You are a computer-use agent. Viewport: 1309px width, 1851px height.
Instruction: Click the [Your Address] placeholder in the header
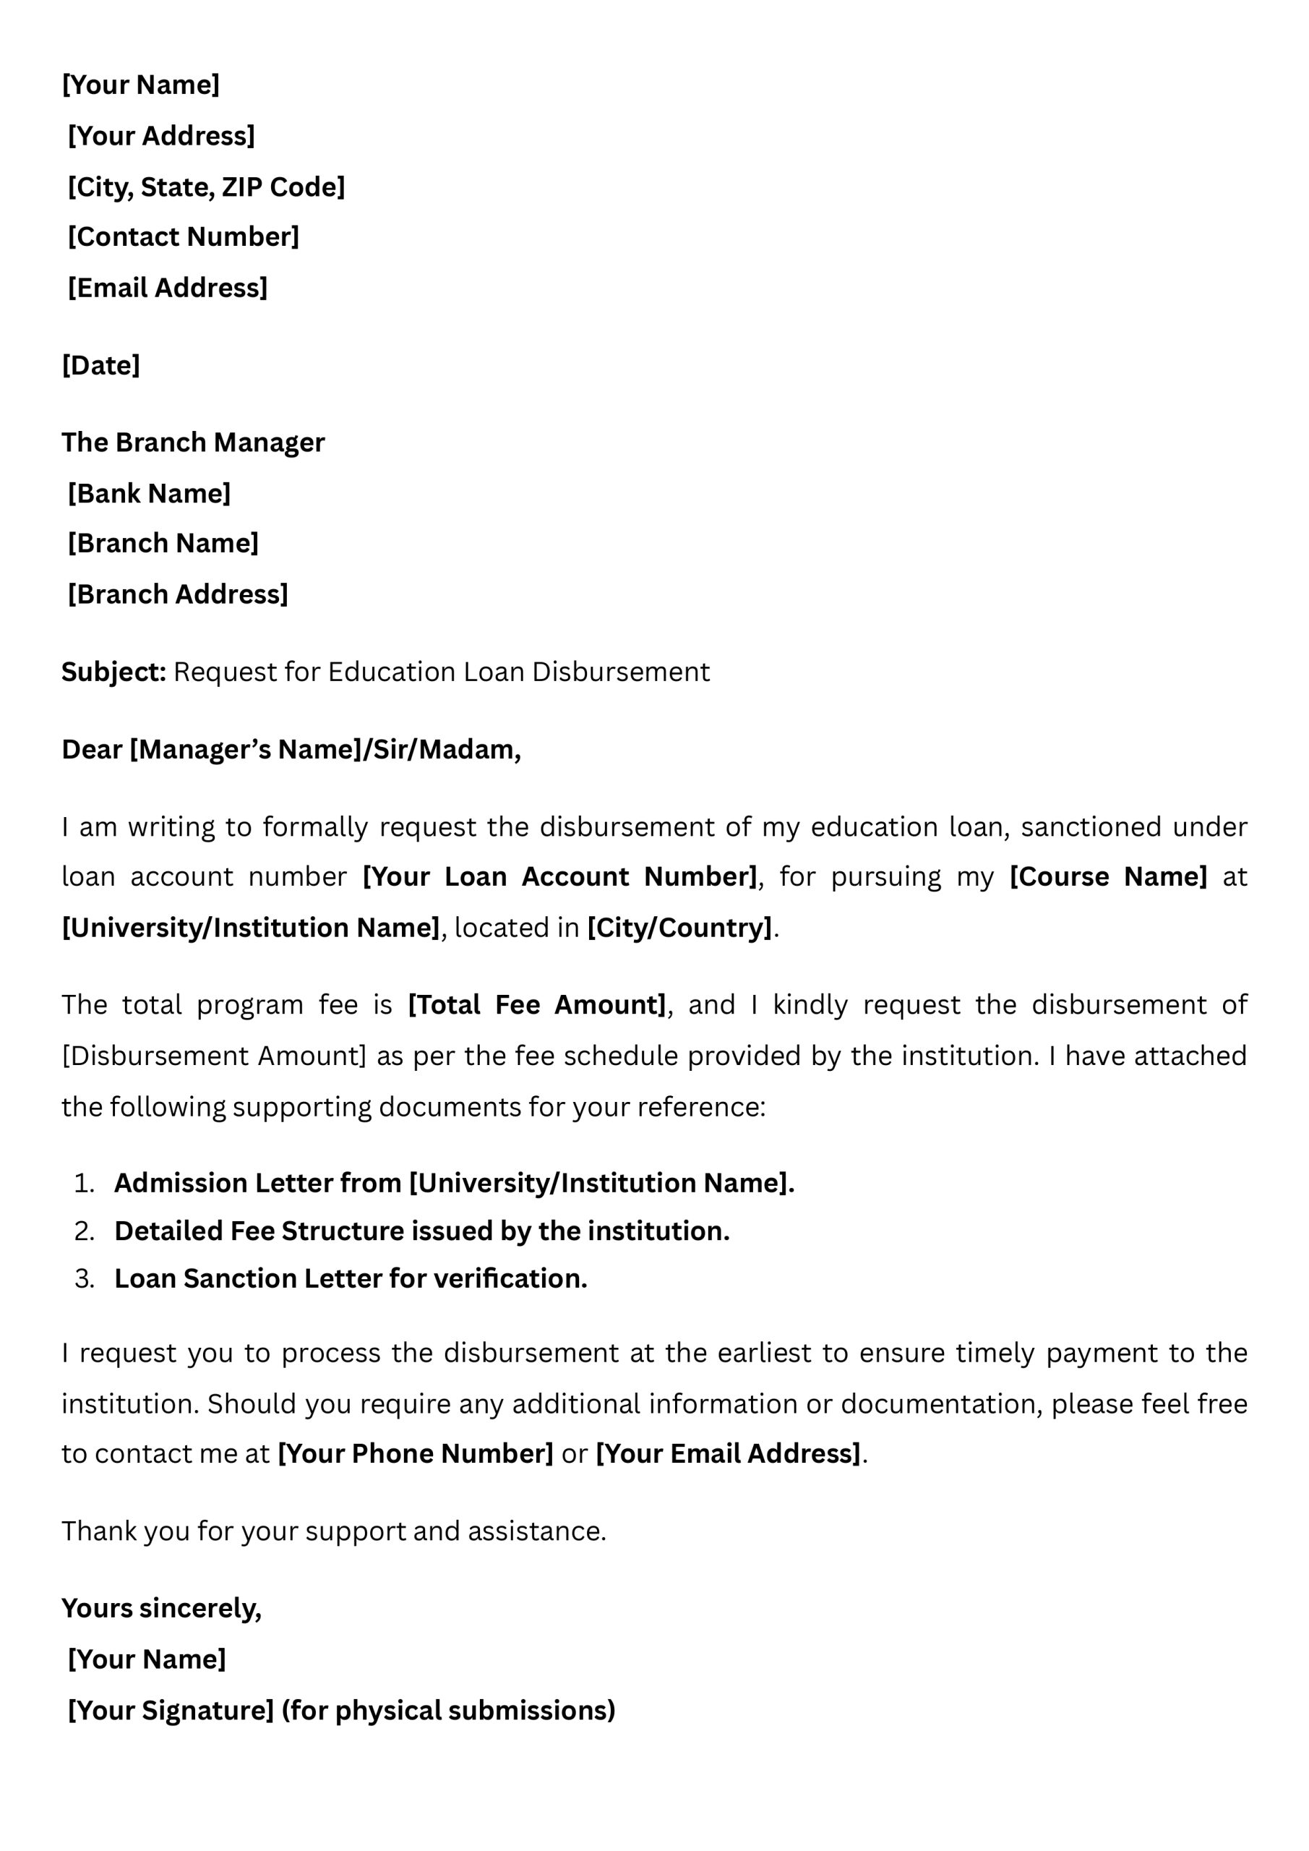click(x=161, y=135)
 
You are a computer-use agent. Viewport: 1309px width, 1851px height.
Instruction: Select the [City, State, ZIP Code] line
click(x=206, y=187)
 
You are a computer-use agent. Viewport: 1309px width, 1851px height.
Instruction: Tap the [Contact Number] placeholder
click(x=184, y=236)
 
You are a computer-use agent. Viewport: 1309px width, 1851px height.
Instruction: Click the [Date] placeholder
click(x=100, y=365)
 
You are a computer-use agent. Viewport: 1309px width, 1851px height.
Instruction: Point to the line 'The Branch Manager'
click(x=193, y=442)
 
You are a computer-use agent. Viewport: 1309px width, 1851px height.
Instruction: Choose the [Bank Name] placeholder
click(x=149, y=492)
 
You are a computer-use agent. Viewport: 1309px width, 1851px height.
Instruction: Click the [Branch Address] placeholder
click(x=178, y=594)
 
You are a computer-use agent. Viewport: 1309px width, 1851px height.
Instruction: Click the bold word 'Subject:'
click(x=113, y=672)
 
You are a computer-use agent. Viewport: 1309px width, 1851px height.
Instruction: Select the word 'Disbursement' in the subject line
click(x=621, y=672)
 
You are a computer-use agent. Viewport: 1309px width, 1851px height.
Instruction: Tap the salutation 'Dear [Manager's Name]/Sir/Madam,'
click(x=291, y=749)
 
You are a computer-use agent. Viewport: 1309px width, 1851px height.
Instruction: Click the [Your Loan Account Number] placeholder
click(x=560, y=876)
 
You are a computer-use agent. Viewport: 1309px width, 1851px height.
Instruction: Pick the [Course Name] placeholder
click(x=1108, y=876)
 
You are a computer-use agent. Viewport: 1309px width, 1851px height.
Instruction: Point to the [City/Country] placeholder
click(x=679, y=927)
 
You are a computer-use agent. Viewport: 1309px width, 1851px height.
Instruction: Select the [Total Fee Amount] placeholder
click(x=537, y=1004)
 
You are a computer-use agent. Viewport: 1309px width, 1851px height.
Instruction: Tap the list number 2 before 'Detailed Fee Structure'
click(x=84, y=1231)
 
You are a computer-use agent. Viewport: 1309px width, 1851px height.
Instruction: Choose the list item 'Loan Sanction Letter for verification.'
click(x=351, y=1278)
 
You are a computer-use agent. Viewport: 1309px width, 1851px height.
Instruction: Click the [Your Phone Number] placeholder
click(x=415, y=1453)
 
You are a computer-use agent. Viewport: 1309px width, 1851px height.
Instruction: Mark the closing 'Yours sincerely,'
click(x=161, y=1608)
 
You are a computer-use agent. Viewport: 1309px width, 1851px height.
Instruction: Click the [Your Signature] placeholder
click(x=171, y=1710)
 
